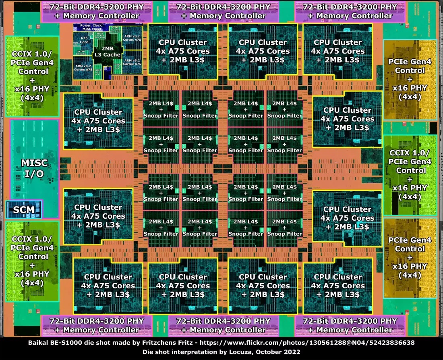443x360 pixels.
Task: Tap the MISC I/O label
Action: tap(34, 168)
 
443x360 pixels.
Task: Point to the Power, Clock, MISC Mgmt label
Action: tap(89, 27)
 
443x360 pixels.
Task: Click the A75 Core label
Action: tap(84, 39)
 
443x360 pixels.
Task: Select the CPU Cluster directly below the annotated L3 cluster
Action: tap(98, 121)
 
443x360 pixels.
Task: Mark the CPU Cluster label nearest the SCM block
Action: tap(98, 216)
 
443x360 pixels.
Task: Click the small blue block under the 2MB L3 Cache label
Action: tap(107, 73)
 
